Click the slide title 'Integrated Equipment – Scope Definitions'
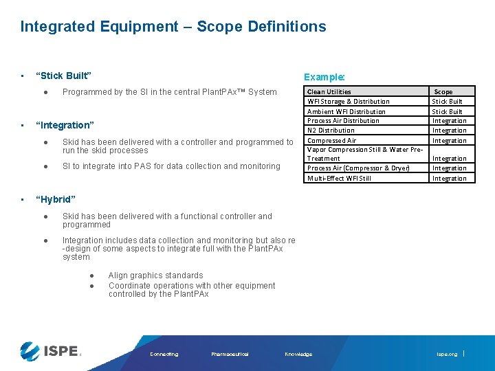173,27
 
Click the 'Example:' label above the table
324,78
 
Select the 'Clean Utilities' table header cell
329,91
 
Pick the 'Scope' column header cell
443,91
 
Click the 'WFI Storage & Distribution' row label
348,102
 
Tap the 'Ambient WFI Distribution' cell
346,111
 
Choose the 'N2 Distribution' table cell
331,131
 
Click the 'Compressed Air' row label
331,141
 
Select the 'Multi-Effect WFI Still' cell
339,179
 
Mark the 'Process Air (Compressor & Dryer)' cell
358,168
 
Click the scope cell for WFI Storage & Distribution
447,102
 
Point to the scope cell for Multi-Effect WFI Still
449,179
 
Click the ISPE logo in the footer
50,351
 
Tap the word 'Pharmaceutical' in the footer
230,355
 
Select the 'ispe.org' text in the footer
446,355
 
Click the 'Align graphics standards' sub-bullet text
155,276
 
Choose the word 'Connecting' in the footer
164,355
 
